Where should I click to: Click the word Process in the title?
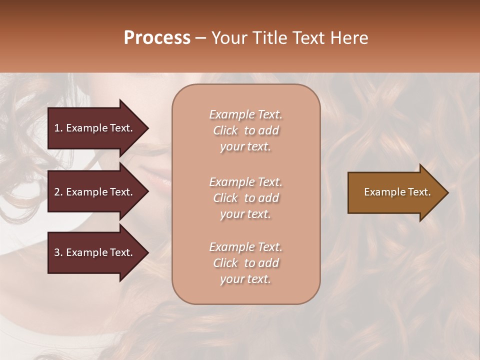coord(157,38)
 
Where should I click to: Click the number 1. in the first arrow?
coord(58,128)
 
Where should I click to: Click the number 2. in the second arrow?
coord(58,192)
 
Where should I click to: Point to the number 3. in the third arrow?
coord(58,252)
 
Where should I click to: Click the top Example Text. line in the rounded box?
coord(245,114)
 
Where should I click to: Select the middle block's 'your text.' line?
coord(245,214)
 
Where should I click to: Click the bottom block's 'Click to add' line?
coord(245,263)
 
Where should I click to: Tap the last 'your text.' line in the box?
coord(245,279)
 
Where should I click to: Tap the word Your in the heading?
coord(228,38)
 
